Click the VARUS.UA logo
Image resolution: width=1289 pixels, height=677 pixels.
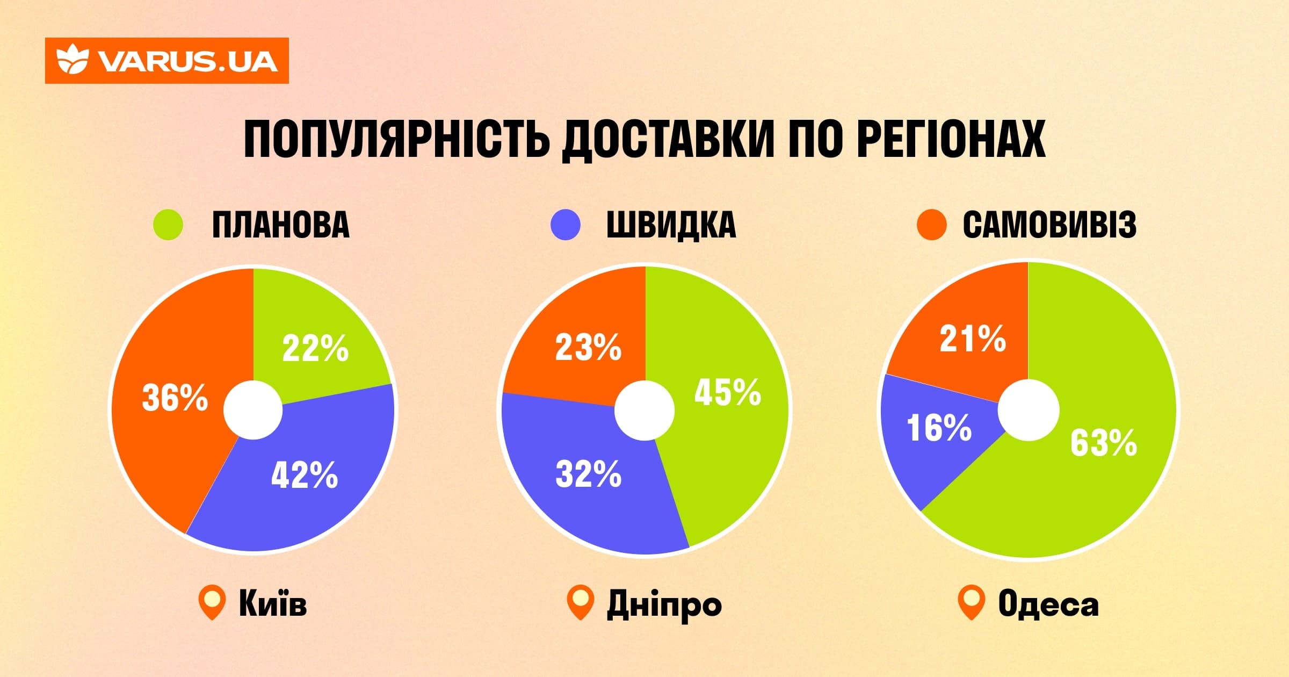click(x=166, y=61)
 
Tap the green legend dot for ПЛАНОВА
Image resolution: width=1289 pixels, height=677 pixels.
click(x=168, y=224)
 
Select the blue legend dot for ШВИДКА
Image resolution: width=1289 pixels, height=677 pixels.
click(x=566, y=224)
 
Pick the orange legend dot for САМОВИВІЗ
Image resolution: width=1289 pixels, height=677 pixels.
click(x=931, y=225)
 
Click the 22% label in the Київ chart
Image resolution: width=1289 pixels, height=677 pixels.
click(x=315, y=348)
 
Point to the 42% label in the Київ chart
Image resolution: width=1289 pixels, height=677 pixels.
click(x=304, y=475)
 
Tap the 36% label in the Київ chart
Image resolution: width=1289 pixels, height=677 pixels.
click(x=175, y=398)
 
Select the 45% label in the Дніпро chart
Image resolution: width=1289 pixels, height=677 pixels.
click(x=727, y=392)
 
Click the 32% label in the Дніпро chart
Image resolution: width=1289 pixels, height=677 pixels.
click(x=588, y=474)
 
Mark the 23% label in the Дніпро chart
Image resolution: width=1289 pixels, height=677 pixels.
click(x=588, y=347)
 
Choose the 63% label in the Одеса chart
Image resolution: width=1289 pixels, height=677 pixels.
click(x=1103, y=443)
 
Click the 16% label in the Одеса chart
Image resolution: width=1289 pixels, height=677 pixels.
click(x=939, y=428)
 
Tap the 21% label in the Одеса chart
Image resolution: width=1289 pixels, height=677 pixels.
click(x=972, y=339)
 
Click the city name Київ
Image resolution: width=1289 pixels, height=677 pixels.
click(x=273, y=603)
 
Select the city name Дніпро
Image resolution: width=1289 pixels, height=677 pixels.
click(x=664, y=604)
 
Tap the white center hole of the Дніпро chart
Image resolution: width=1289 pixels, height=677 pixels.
click(x=644, y=410)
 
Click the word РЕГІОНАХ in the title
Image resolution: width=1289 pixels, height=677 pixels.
click(x=951, y=139)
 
